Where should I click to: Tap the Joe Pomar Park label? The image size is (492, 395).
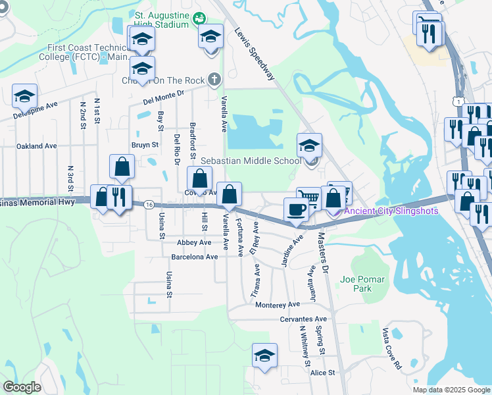tap(362, 284)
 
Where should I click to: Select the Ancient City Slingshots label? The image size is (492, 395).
tap(391, 211)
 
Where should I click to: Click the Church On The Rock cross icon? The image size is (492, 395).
tap(213, 80)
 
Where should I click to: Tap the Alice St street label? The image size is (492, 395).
tap(322, 373)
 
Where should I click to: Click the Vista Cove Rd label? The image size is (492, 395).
tap(391, 349)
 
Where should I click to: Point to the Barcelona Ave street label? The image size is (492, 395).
tap(194, 256)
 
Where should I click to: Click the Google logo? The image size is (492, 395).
tap(22, 387)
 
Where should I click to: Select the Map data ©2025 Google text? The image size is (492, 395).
tap(451, 390)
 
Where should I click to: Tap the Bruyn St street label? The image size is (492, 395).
tap(145, 144)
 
